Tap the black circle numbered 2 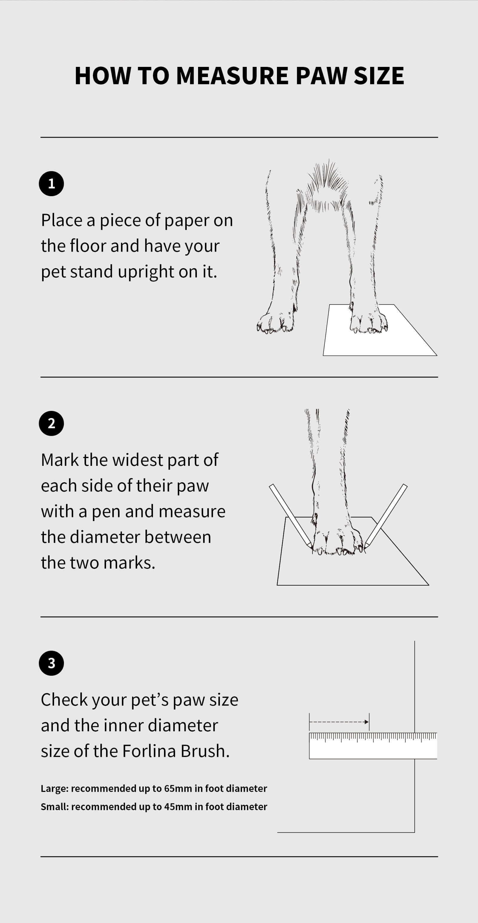coord(51,423)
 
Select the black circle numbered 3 coord(51,663)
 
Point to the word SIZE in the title coord(379,76)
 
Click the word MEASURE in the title coord(232,76)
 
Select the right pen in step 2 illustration coord(385,516)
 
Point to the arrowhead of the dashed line coord(367,722)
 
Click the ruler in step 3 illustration coord(373,746)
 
